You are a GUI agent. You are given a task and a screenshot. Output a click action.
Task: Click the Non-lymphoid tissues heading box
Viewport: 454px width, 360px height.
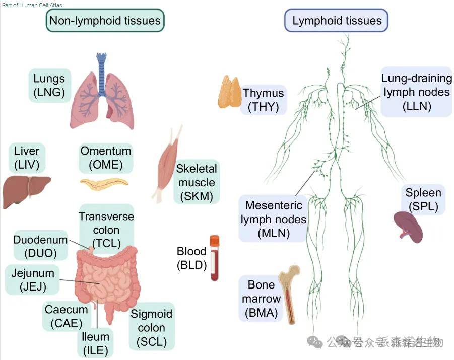point(105,21)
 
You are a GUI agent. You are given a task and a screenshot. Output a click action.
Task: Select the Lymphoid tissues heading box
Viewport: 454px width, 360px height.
point(337,21)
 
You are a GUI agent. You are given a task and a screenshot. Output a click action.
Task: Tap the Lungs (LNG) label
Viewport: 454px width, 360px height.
point(49,85)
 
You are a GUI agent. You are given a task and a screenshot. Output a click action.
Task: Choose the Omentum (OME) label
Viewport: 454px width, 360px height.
point(106,157)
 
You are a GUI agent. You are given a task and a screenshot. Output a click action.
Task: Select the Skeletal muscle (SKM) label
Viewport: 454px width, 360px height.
point(197,182)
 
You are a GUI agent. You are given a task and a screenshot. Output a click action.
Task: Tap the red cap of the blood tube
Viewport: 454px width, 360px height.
point(215,241)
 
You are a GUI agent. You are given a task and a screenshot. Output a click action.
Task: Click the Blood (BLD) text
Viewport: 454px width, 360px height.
point(191,257)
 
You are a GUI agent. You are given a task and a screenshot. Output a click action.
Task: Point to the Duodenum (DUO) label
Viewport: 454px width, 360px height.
point(40,246)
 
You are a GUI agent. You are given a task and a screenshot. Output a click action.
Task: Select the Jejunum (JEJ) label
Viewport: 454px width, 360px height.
point(33,280)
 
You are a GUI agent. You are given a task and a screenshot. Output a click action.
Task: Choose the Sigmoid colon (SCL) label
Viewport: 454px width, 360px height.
point(151,328)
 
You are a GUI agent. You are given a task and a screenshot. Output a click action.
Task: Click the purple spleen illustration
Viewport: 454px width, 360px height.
point(408,227)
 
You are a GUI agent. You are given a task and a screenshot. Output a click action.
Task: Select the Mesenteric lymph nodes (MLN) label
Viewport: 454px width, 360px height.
point(273,219)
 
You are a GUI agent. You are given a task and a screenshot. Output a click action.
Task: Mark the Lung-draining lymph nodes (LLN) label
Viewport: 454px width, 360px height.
point(416,92)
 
